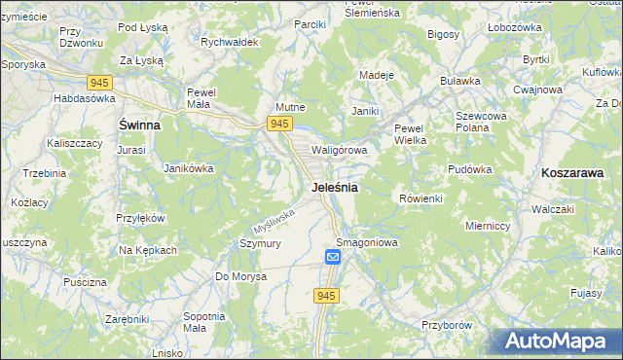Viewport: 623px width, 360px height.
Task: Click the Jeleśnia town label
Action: coord(334,187)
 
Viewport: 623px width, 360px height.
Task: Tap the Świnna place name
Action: coord(139,126)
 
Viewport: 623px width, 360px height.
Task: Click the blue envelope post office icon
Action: coord(332,257)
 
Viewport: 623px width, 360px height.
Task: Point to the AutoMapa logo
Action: coord(556,342)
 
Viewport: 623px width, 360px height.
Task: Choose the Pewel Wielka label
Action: coord(411,134)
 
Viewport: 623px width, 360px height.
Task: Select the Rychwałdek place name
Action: coord(229,43)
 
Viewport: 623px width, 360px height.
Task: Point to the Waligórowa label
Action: coord(339,151)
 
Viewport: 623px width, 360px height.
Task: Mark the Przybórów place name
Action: coord(447,325)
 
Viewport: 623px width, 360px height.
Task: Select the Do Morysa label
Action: coord(240,276)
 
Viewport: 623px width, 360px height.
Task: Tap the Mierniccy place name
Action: coord(488,225)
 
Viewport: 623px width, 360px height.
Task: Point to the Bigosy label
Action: coord(443,34)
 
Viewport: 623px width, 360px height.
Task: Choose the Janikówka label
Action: coord(189,168)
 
